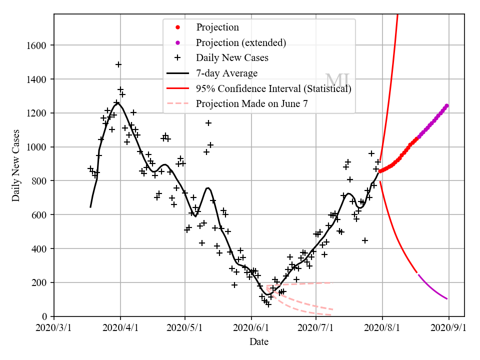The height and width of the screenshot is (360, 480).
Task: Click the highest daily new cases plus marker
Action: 118,64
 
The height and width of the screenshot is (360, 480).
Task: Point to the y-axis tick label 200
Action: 41,282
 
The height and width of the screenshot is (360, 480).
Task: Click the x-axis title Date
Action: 259,342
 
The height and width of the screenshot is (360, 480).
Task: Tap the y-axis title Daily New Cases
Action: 16,165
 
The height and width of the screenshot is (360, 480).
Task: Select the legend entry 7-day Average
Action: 226,73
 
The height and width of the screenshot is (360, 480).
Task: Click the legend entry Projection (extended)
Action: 241,42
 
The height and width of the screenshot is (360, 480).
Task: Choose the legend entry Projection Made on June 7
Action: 251,104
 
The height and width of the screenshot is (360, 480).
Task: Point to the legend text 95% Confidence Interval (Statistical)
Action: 273,89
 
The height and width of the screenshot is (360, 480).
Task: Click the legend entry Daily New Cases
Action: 232,58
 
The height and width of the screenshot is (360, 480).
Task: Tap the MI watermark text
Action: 337,80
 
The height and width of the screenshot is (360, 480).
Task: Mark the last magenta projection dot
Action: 446,105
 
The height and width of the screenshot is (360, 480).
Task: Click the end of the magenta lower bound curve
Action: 447,298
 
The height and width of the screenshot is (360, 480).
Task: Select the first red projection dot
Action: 380,171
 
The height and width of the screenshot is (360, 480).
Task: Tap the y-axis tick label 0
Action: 45,316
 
